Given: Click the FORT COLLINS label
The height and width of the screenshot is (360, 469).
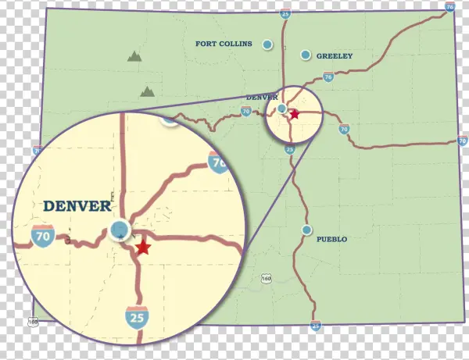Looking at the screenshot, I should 224,44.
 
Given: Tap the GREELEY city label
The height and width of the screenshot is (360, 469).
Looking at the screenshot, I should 335,56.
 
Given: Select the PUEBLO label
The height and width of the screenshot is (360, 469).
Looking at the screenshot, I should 331,239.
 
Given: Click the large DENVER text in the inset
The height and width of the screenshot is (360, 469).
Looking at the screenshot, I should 77,206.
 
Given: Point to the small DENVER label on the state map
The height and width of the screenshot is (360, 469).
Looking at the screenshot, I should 262,98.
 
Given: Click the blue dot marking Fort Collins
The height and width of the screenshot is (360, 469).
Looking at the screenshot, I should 267,45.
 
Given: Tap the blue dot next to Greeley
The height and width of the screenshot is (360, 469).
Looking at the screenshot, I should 306,55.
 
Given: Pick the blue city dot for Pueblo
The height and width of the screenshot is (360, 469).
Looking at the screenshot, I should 307,230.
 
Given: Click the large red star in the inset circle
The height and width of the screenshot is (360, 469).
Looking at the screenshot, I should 142,248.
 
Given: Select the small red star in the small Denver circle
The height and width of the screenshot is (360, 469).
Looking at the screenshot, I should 295,114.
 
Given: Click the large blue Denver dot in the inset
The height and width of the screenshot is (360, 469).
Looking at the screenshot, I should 119,229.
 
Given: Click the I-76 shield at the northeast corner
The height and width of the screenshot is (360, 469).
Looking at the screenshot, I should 449,6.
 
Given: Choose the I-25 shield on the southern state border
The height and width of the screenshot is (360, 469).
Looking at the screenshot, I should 315,325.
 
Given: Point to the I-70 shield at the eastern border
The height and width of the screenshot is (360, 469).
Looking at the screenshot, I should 462,141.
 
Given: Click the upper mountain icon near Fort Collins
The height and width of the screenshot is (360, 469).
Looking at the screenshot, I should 134,56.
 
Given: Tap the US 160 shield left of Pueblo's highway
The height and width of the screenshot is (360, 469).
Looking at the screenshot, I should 267,278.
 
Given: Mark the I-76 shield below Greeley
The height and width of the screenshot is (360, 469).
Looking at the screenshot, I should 328,77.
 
